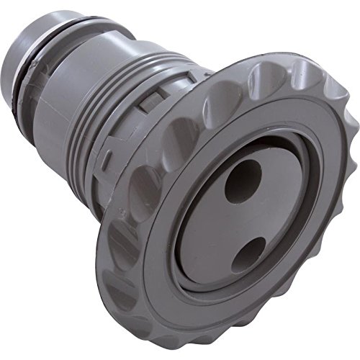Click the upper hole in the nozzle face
coord(244,180)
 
